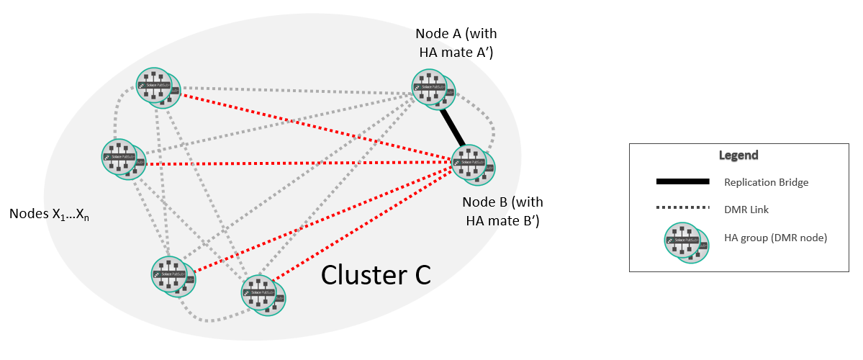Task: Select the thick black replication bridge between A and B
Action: click(x=453, y=125)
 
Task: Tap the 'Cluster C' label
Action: click(x=376, y=274)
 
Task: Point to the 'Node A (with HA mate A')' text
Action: click(x=456, y=43)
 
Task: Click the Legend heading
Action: click(x=738, y=155)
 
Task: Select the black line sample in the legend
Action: click(x=682, y=181)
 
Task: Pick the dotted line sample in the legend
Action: click(x=682, y=208)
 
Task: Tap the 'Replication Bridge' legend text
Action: click(x=767, y=182)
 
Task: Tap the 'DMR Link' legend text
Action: click(x=746, y=209)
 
